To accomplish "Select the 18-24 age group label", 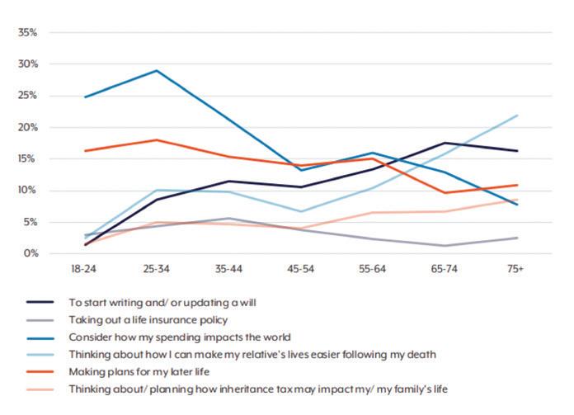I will coord(85,270).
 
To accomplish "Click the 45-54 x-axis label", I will coord(301,270).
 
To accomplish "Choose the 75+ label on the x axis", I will coord(516,270).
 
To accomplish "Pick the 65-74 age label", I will coord(445,270).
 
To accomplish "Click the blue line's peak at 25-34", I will coord(157,70).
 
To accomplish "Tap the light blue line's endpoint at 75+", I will coord(516,116).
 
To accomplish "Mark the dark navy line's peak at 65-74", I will coord(445,143).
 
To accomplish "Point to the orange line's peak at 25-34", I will coord(157,139).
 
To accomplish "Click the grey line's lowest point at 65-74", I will coord(445,246).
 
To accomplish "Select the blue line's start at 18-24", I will coord(85,97).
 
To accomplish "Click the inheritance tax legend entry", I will coord(271,389).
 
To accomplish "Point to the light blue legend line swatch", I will coord(42,355).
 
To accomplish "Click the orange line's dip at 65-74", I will coord(445,193).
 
